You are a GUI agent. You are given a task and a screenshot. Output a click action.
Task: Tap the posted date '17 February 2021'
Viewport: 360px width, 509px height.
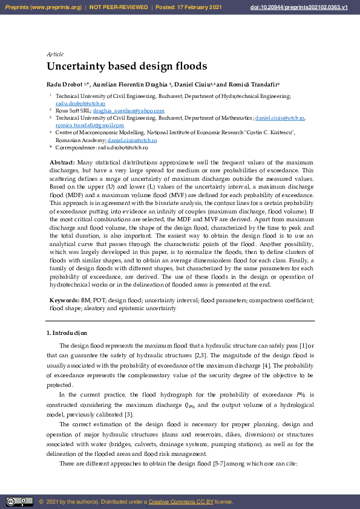[x=202, y=7]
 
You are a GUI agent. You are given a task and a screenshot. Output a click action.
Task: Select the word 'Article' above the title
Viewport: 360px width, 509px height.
[x=55, y=54]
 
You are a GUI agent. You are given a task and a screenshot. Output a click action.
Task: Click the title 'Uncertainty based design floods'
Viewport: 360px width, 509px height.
[x=126, y=66]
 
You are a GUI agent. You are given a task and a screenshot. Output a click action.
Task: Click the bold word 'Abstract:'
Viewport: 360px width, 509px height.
[x=62, y=163]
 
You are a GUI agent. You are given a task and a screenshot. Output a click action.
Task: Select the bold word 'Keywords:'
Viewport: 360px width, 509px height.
[x=64, y=300]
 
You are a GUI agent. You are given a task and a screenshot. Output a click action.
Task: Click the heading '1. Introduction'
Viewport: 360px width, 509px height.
[x=67, y=333]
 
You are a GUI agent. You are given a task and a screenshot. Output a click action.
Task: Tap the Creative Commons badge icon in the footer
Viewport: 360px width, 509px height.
[x=19, y=501]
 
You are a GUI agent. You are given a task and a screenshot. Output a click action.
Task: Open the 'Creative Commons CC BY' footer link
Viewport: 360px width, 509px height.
[x=180, y=502]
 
